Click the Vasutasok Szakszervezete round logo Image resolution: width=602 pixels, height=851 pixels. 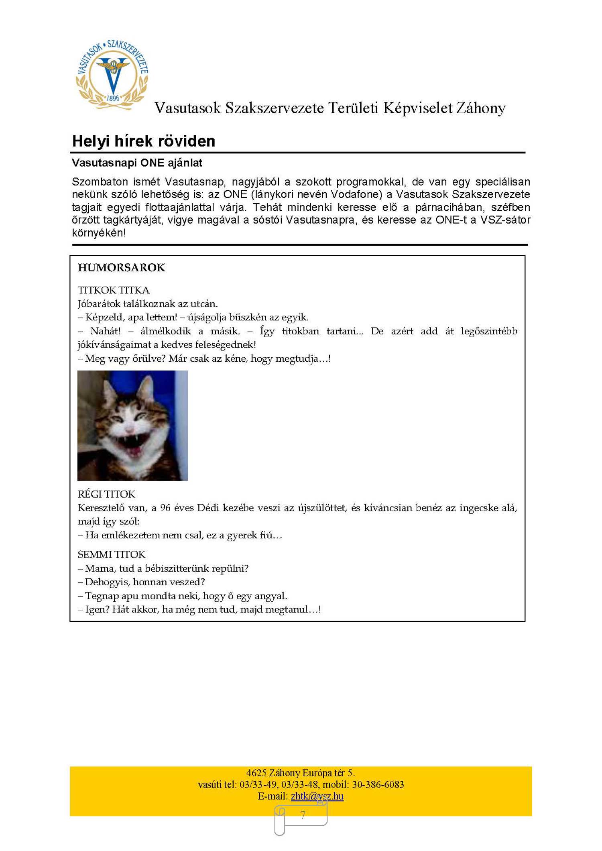click(112, 74)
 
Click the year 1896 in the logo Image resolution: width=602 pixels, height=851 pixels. click(113, 98)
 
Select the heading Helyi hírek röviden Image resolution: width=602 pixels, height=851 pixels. click(144, 141)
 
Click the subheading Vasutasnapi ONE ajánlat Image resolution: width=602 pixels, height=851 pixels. click(137, 163)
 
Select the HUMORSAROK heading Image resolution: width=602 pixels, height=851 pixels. click(121, 268)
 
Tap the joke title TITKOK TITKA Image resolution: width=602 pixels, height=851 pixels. click(114, 290)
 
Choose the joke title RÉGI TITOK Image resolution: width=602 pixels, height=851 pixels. click(106, 494)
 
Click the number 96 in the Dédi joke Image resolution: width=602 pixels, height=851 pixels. click(165, 508)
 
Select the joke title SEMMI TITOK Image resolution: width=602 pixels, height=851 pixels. click(112, 555)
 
